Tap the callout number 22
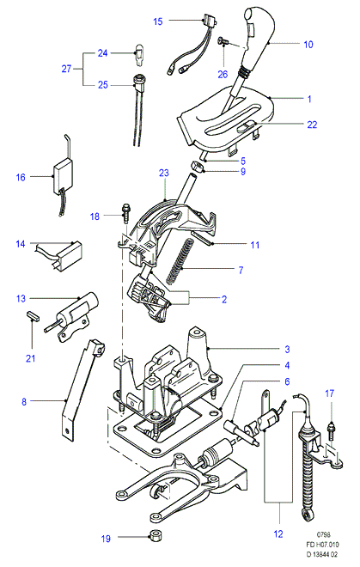tap(312, 125)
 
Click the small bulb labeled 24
tap(139, 55)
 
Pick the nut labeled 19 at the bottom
tap(156, 534)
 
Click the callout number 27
tap(66, 69)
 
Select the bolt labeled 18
tap(126, 214)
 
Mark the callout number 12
tap(278, 533)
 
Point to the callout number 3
tap(287, 350)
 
